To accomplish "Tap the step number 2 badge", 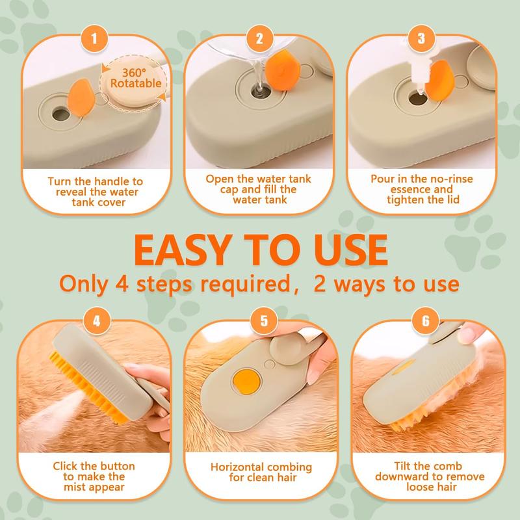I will pos(259,38).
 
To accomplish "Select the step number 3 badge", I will pos(422,38).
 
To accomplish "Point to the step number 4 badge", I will pos(97,320).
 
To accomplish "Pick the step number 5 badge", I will pos(259,320).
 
